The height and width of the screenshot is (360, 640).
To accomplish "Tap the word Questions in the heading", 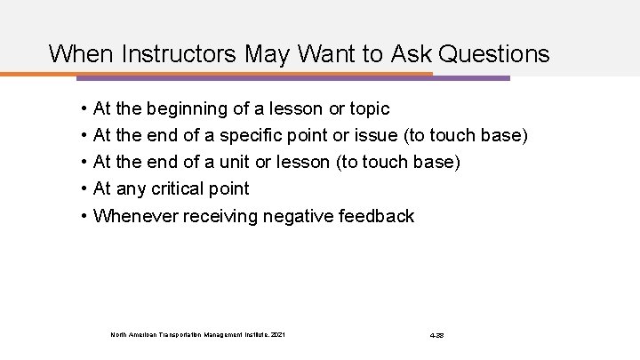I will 494,54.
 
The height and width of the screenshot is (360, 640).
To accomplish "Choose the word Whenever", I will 135,215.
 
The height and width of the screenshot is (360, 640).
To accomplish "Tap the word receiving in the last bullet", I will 220,215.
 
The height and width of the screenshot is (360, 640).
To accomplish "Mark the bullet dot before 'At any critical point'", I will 82,188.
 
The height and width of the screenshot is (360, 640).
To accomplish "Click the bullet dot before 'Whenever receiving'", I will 82,215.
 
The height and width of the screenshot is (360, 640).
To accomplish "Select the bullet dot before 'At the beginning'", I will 82,108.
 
